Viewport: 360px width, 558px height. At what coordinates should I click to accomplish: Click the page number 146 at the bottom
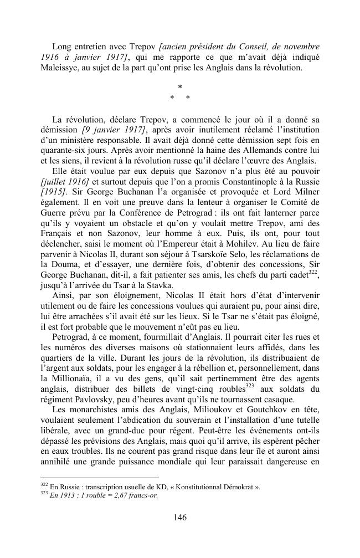pyautogui.click(x=179, y=518)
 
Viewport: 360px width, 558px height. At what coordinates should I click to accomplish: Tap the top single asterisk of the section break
pyautogui.click(x=179, y=88)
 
